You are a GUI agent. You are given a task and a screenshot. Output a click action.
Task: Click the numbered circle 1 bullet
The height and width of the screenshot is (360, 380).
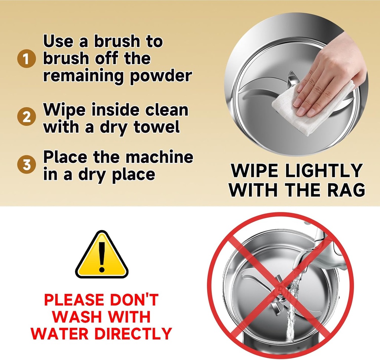[x=27, y=59]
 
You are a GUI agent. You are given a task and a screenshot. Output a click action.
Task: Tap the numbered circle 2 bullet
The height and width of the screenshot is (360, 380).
[x=27, y=117]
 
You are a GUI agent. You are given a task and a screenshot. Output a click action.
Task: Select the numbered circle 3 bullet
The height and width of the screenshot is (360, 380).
[x=27, y=164]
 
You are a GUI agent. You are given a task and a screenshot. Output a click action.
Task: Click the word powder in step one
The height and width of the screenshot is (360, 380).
[x=161, y=76]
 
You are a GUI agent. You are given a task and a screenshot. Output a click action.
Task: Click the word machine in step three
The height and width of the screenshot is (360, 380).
[x=160, y=157]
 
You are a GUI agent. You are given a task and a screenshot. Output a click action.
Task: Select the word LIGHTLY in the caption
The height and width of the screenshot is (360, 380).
[x=324, y=171]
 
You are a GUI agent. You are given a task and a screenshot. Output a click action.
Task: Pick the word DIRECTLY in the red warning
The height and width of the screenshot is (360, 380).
[x=133, y=333]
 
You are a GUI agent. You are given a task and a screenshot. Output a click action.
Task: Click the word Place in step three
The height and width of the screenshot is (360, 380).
[x=65, y=157]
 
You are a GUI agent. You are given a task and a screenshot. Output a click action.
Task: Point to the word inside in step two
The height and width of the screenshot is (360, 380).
[x=115, y=110]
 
